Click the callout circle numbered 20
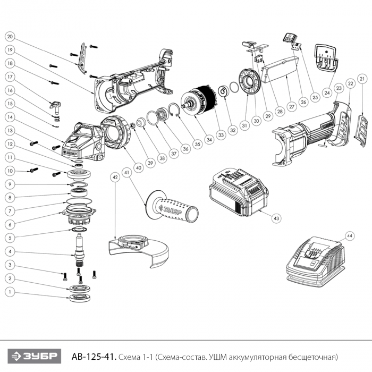click(10, 37)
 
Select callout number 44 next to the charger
click(349, 234)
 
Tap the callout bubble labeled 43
click(276, 218)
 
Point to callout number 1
click(10, 292)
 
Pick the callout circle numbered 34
click(209, 139)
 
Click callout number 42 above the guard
click(115, 179)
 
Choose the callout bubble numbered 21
click(362, 79)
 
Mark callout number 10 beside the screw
click(10, 171)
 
